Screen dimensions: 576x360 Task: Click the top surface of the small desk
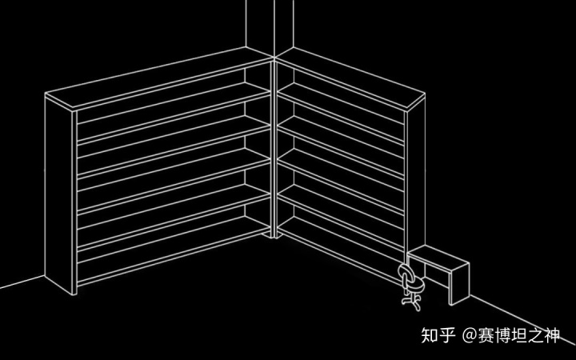(436, 258)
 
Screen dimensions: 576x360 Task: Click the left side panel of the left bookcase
(59, 192)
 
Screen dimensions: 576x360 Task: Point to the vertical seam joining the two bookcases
(275, 152)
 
